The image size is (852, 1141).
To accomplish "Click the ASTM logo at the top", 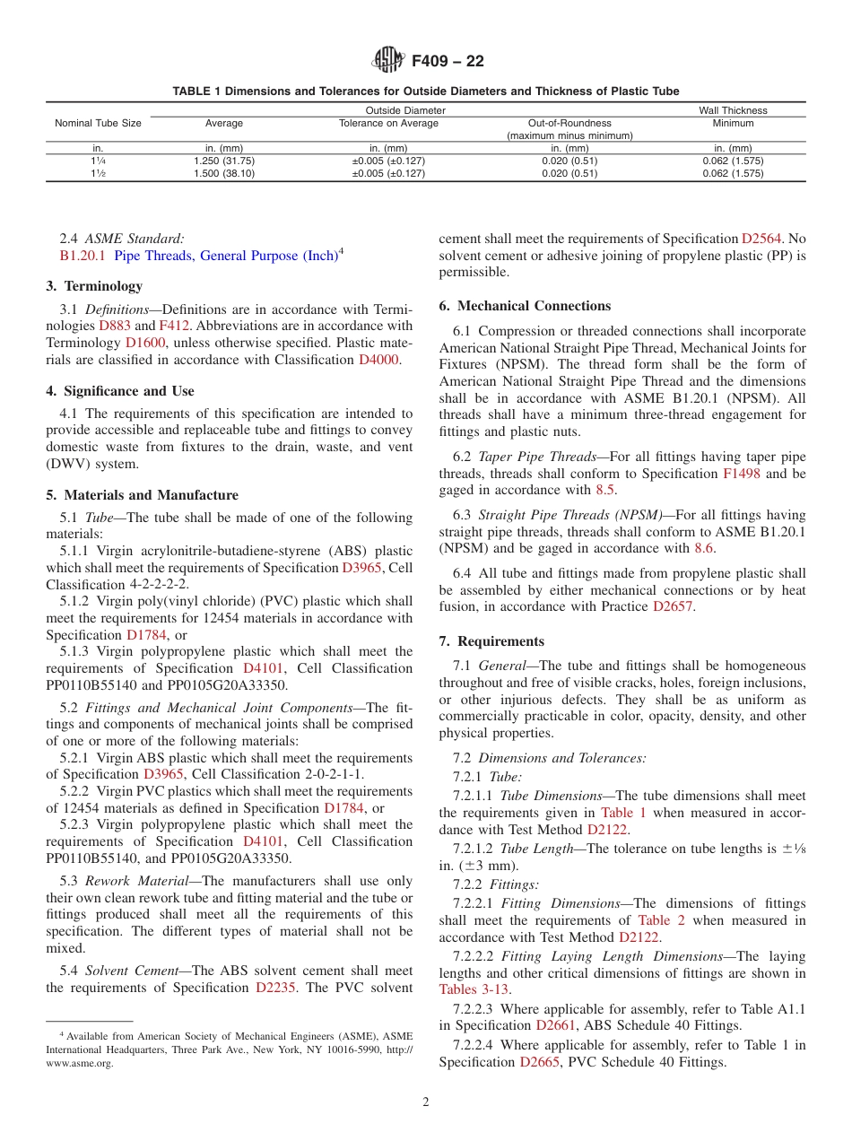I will coord(388,61).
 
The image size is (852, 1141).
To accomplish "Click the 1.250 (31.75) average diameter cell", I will coord(224,161).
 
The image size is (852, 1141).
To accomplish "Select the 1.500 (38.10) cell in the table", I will coord(224,174).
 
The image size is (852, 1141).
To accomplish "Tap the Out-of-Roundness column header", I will coord(569,123).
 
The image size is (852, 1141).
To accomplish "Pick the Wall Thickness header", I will coord(733,110).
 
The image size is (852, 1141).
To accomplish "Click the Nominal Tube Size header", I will coord(98,123).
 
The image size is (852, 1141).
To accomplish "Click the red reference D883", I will coord(114,326).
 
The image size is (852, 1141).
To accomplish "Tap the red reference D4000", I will coord(378,360).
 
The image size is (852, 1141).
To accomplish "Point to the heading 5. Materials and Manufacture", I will coord(142,495).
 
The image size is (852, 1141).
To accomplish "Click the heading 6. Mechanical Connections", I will coord(525,306).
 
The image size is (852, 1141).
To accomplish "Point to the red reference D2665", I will coord(540,1062).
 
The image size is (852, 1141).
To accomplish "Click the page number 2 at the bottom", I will coord(426,1102).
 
